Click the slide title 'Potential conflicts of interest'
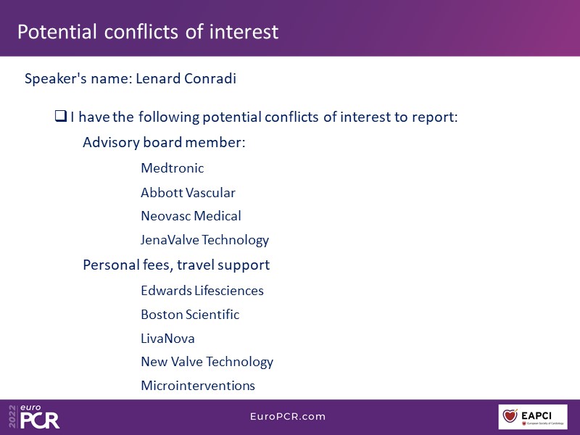tap(148, 31)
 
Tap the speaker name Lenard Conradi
tap(186, 78)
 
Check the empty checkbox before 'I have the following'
tap(61, 116)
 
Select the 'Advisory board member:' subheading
tap(164, 142)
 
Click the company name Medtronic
tap(173, 168)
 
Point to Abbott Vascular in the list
tap(188, 193)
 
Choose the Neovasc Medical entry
tap(191, 216)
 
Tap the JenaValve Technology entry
tap(204, 240)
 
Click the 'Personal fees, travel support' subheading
tap(176, 265)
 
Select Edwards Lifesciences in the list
tap(202, 291)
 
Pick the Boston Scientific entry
tap(190, 315)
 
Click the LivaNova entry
tap(167, 339)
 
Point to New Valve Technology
tap(207, 362)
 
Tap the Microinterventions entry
tap(198, 386)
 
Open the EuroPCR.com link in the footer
tap(288, 416)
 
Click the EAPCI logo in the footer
tap(533, 417)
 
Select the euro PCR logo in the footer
tap(39, 417)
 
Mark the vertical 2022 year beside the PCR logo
tap(13, 417)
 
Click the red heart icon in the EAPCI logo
tap(510, 415)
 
